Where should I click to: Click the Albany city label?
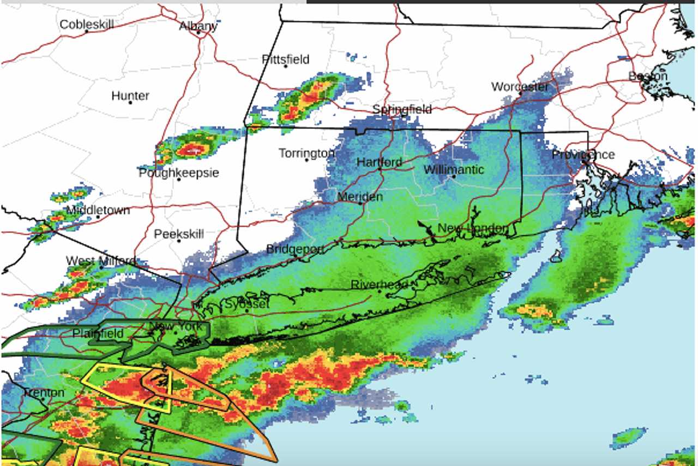(198, 26)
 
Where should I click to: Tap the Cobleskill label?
(87, 25)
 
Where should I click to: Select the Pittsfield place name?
(285, 59)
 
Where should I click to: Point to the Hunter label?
(130, 95)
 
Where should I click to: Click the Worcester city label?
(520, 87)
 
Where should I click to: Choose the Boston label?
(648, 76)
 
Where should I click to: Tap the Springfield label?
(402, 109)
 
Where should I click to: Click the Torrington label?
(306, 153)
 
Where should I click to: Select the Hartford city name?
(380, 162)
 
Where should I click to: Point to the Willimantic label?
(454, 170)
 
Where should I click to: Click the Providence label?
(583, 155)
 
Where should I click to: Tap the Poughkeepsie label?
(179, 173)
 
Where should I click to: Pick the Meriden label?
(360, 196)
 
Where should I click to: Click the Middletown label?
(98, 210)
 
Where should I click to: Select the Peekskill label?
(179, 234)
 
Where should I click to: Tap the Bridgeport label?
(295, 249)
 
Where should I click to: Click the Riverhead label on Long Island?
(380, 285)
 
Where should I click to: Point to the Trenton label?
(43, 392)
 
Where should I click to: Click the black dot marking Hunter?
(130, 103)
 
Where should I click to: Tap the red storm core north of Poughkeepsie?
(191, 149)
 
